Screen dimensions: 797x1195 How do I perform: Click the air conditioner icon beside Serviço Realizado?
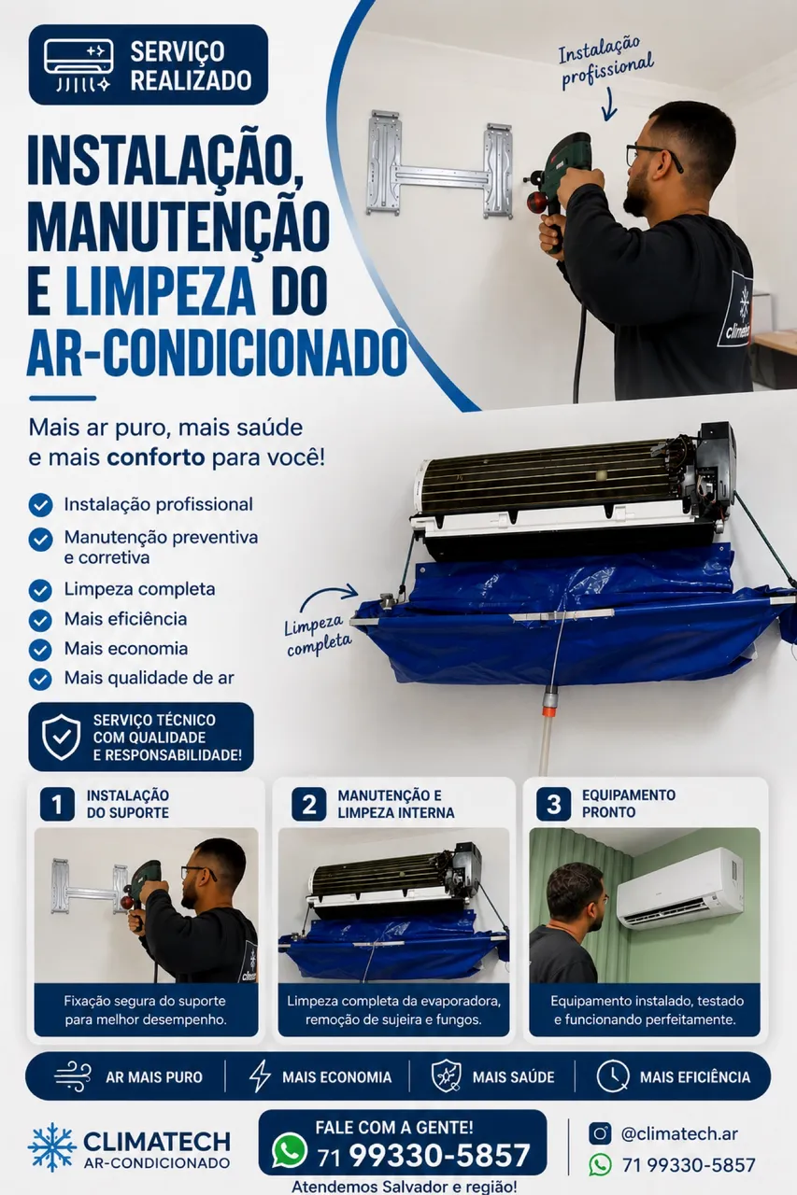coord(79,64)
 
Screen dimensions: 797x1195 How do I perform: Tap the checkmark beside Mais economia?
coord(40,649)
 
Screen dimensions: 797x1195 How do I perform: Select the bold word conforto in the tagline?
coord(155,457)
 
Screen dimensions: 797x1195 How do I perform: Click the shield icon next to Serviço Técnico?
coord(62,737)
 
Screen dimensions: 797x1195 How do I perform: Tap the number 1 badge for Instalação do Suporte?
coord(57,804)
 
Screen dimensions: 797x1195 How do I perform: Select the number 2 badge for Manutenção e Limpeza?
coord(308,804)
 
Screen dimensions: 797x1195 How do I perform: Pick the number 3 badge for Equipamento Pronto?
coord(553,804)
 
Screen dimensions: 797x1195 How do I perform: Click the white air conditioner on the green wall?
coord(680,888)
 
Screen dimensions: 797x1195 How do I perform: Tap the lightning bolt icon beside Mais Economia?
coord(260,1075)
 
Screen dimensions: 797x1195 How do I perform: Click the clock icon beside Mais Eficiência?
coord(612,1076)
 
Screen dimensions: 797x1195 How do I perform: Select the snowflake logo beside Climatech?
coord(51,1147)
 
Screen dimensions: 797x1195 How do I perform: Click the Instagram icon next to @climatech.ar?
coord(600,1133)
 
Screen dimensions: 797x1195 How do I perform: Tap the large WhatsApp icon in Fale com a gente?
coord(290,1149)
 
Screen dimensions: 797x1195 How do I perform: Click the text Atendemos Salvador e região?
coord(404,1186)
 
